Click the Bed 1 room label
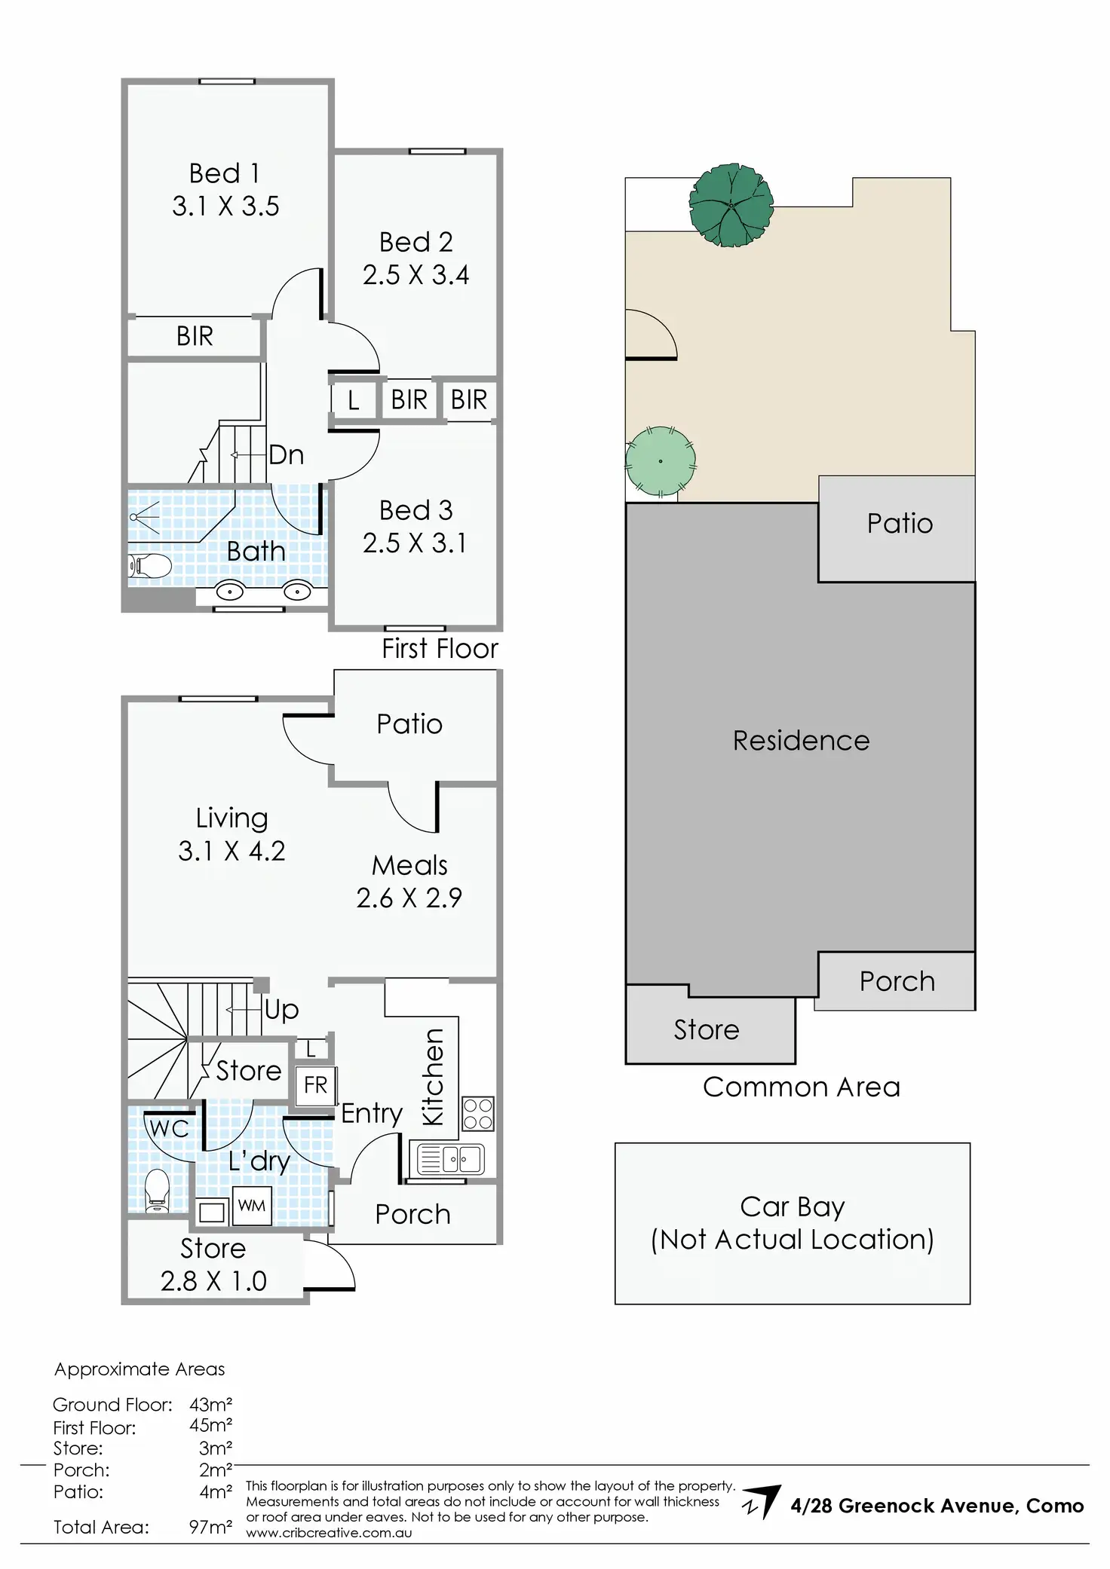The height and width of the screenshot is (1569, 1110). (225, 173)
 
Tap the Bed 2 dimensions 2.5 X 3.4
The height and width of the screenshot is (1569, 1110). (415, 275)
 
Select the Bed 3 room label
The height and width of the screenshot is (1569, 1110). (415, 510)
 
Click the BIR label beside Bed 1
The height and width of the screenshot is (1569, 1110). (195, 336)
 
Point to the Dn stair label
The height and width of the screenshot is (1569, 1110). (286, 455)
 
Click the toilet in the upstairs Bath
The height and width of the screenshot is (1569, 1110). (150, 565)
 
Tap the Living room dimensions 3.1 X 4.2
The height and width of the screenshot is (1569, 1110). (232, 851)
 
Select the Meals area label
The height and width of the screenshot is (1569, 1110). (409, 865)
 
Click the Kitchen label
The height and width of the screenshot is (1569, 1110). (433, 1077)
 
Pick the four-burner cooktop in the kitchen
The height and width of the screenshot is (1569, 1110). (477, 1114)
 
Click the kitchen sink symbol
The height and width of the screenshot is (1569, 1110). (452, 1159)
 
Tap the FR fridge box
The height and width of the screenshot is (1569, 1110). (315, 1085)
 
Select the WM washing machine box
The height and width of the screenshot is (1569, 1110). (251, 1206)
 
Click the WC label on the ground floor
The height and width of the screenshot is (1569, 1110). (169, 1129)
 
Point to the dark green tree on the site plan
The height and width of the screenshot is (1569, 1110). (730, 205)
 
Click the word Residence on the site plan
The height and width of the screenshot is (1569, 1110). (801, 741)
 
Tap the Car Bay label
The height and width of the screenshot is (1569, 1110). (792, 1207)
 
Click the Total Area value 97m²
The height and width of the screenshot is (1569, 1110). (210, 1527)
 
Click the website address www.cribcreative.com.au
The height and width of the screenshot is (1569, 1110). (329, 1533)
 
